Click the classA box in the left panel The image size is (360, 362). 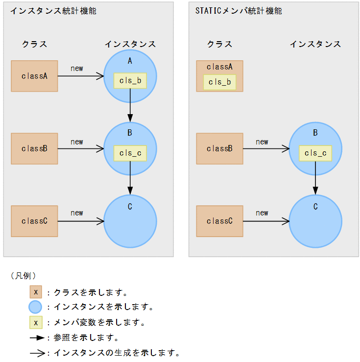pyautogui.click(x=34, y=76)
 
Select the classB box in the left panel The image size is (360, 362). pyautogui.click(x=34, y=148)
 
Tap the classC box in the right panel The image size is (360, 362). pyautogui.click(x=219, y=221)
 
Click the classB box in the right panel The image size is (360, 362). pyautogui.click(x=219, y=148)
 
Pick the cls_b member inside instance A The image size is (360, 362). pyautogui.click(x=130, y=81)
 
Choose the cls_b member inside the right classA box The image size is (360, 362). pyautogui.click(x=219, y=82)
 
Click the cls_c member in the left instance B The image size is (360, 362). pyautogui.click(x=130, y=153)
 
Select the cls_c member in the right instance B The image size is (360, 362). pyautogui.click(x=315, y=153)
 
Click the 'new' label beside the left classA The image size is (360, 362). pyautogui.click(x=77, y=69)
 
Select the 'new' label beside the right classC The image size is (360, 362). pyautogui.click(x=262, y=213)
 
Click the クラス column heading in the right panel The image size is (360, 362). pyautogui.click(x=219, y=44)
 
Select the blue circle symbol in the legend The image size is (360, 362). pyautogui.click(x=35, y=307)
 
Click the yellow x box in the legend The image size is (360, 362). pyautogui.click(x=35, y=323)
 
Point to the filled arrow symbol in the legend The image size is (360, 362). pyautogui.click(x=37, y=338)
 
